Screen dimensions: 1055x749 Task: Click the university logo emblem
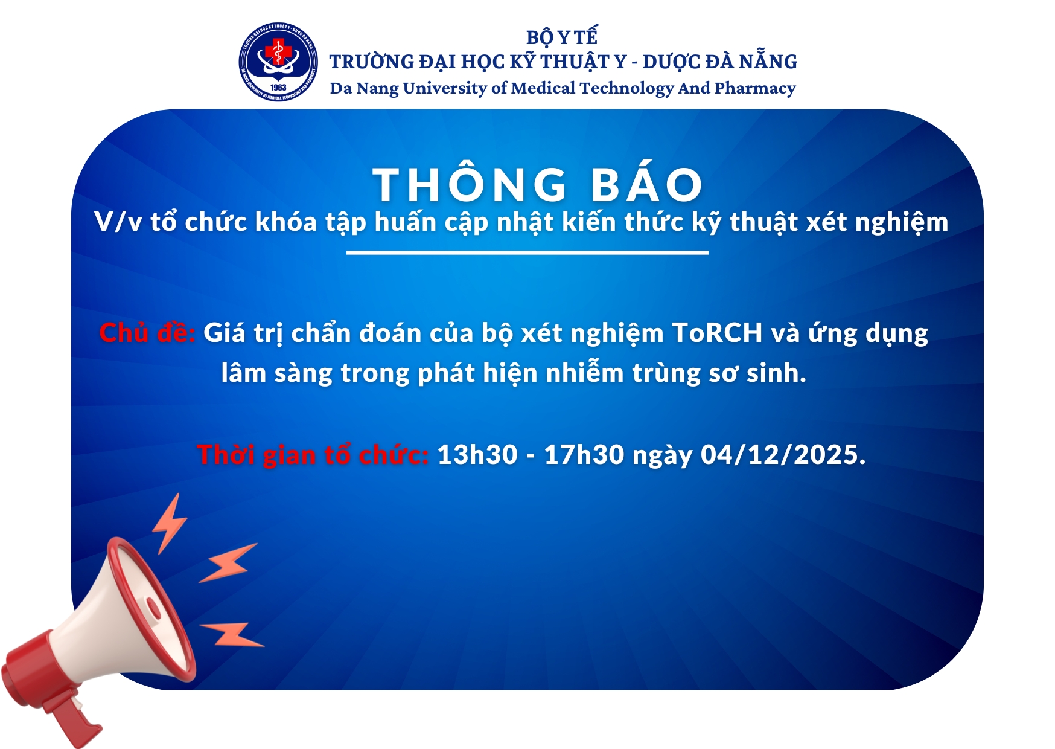pyautogui.click(x=278, y=62)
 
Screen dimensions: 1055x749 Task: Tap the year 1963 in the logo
pyautogui.click(x=278, y=88)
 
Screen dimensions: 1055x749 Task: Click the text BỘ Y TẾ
pyautogui.click(x=562, y=37)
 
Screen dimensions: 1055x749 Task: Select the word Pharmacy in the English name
pyautogui.click(x=755, y=88)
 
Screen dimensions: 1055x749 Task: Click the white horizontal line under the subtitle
pyautogui.click(x=527, y=252)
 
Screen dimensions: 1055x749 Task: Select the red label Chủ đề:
pyautogui.click(x=147, y=332)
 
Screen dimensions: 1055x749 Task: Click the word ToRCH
pyautogui.click(x=717, y=333)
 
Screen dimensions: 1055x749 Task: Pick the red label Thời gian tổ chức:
pyautogui.click(x=313, y=454)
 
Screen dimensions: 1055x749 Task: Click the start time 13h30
pyautogui.click(x=477, y=455)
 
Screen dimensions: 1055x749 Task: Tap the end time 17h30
pyautogui.click(x=584, y=455)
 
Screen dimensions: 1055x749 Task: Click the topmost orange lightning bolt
pyautogui.click(x=170, y=522)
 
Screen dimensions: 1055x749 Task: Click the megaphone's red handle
pyautogui.click(x=75, y=716)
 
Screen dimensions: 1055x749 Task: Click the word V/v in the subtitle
pyautogui.click(x=119, y=222)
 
